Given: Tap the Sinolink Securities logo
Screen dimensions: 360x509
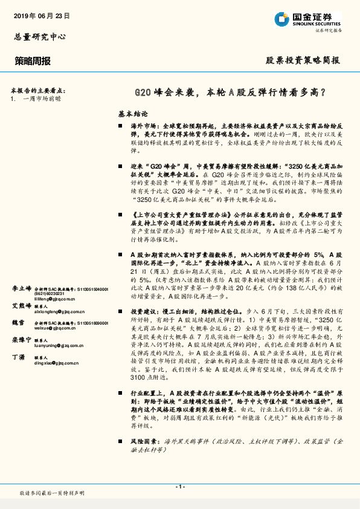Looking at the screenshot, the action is [316, 18].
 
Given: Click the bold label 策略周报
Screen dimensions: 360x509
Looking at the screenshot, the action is [33, 61].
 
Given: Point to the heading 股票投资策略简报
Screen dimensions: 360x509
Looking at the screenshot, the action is [303, 61].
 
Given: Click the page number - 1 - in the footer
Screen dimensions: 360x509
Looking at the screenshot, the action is [179, 487].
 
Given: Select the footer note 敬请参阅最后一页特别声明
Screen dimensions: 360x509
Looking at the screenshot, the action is [52, 494].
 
